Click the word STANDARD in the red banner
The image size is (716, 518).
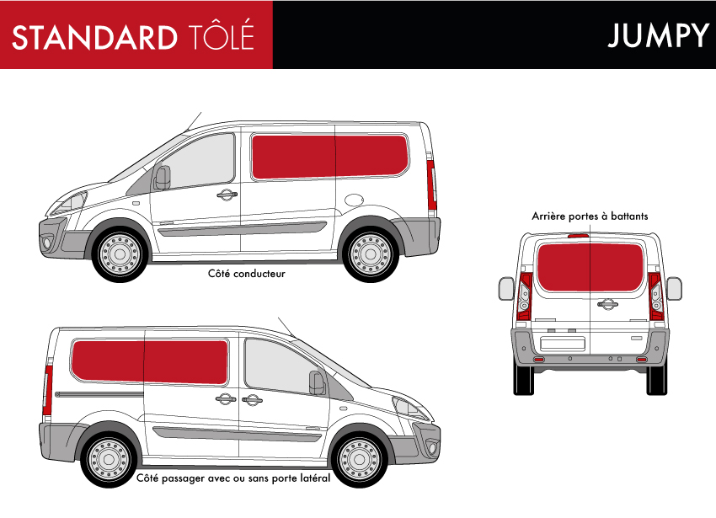pyautogui.click(x=94, y=37)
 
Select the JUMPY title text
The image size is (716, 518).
pyautogui.click(x=658, y=35)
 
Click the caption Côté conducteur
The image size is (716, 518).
pyautogui.click(x=247, y=274)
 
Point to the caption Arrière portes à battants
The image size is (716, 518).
pyautogui.click(x=590, y=216)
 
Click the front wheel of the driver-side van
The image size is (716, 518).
pyautogui.click(x=120, y=254)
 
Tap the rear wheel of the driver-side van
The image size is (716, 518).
pyautogui.click(x=371, y=254)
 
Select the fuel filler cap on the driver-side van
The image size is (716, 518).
pyautogui.click(x=354, y=200)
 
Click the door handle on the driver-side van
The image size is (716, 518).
pyautogui.click(x=227, y=195)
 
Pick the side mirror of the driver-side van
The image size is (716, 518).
pyautogui.click(x=162, y=178)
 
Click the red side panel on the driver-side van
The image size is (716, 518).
pyautogui.click(x=329, y=157)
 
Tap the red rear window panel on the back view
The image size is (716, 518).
pyautogui.click(x=590, y=267)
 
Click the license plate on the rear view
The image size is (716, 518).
pyautogui.click(x=563, y=344)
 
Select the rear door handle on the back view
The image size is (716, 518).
pyautogui.click(x=607, y=304)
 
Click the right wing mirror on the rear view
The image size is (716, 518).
pyautogui.click(x=674, y=289)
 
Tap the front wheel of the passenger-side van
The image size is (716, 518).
pyautogui.click(x=360, y=458)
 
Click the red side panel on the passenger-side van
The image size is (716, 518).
pyautogui.click(x=149, y=362)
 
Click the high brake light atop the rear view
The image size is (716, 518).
pyautogui.click(x=579, y=236)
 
